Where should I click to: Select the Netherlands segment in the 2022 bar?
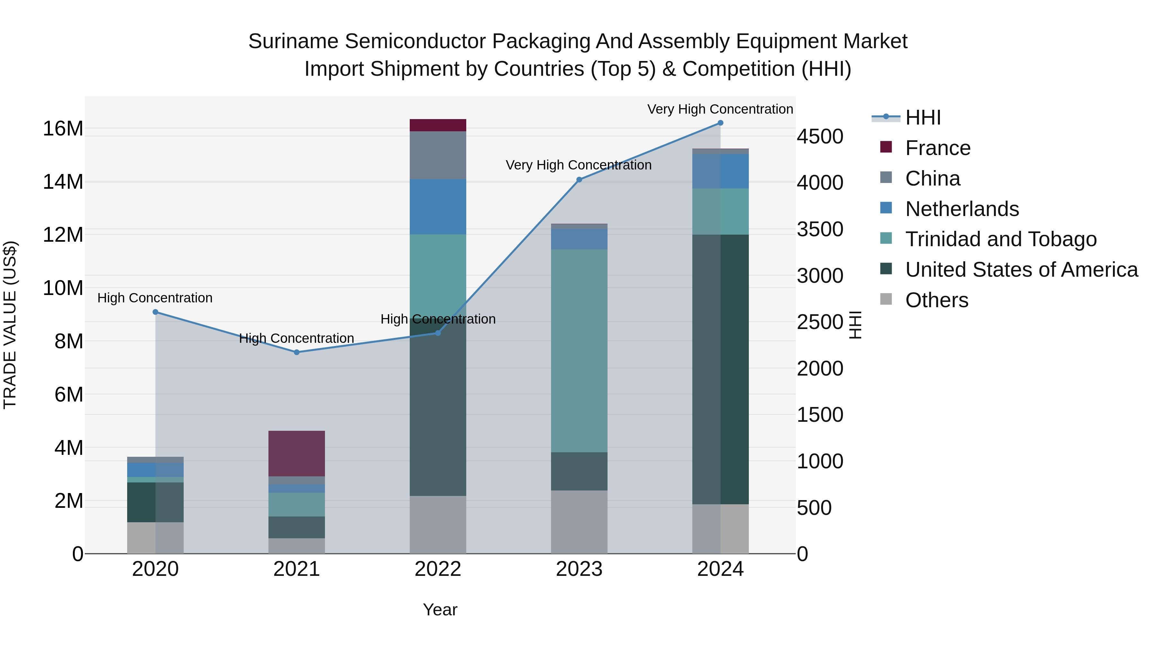[x=438, y=206]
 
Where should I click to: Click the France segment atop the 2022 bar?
[x=438, y=125]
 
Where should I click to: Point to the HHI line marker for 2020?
[x=155, y=312]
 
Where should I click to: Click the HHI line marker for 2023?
[x=579, y=179]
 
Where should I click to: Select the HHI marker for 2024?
[x=720, y=123]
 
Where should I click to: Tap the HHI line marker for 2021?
[x=297, y=352]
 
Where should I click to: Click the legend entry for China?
[x=933, y=178]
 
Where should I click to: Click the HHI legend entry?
[x=923, y=117]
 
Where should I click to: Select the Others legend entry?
[x=937, y=300]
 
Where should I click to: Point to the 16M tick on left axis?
[x=63, y=129]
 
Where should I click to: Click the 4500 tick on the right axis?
[x=820, y=136]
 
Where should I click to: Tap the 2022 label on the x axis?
[x=438, y=569]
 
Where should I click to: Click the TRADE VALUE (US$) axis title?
[x=10, y=325]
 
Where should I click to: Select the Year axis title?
[x=440, y=610]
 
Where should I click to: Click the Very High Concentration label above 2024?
[x=720, y=109]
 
